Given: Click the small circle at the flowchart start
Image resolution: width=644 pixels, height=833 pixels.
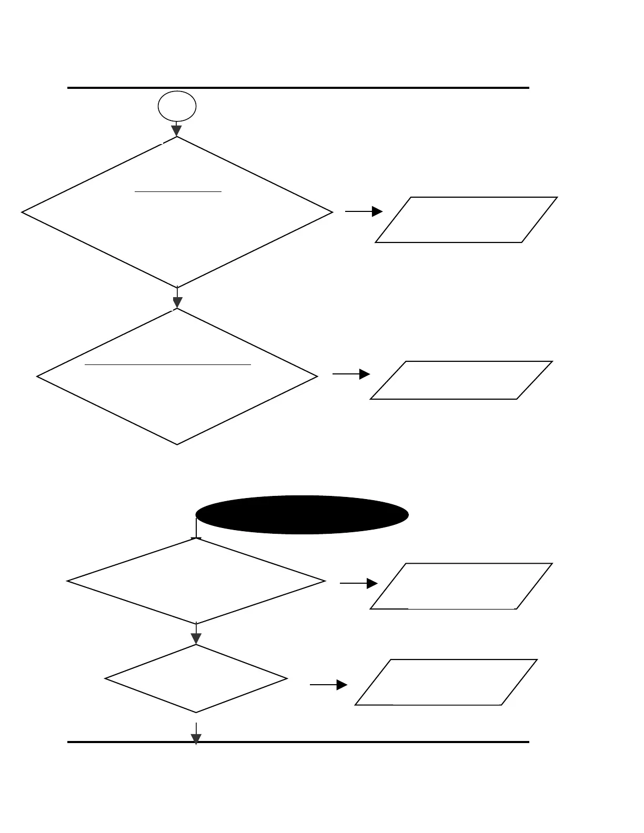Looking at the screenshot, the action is [177, 106].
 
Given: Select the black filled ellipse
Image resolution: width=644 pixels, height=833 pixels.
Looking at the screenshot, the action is [302, 515].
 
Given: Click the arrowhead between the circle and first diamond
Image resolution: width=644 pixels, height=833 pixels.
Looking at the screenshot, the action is [177, 130].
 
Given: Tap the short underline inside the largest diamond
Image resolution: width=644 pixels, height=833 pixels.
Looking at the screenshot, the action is [178, 192].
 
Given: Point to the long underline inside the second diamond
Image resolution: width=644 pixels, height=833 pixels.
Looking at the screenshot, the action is [168, 363].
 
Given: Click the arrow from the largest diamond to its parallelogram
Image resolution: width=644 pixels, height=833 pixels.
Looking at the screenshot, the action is [364, 211].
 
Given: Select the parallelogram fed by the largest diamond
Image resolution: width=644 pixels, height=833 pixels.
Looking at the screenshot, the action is [466, 220].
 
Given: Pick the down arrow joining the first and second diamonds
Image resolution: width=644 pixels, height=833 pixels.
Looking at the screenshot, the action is [177, 300].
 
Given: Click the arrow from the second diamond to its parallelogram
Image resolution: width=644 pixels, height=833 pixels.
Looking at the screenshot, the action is [351, 374].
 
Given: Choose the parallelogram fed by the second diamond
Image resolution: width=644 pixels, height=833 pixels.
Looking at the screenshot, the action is [461, 380].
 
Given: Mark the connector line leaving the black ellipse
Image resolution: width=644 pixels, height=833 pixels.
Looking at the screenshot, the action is [196, 527].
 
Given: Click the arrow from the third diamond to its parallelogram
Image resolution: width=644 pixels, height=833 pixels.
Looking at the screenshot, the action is [359, 583].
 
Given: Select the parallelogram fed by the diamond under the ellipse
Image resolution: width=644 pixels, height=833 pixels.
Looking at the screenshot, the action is [461, 586].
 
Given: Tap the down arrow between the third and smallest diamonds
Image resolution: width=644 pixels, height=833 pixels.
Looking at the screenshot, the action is [196, 635].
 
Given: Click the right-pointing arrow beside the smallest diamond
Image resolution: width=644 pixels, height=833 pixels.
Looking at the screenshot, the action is [328, 685].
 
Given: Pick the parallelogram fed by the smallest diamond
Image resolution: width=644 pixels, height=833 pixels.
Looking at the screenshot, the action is [446, 682].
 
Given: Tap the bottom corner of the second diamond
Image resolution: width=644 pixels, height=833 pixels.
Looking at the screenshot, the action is [177, 444].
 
